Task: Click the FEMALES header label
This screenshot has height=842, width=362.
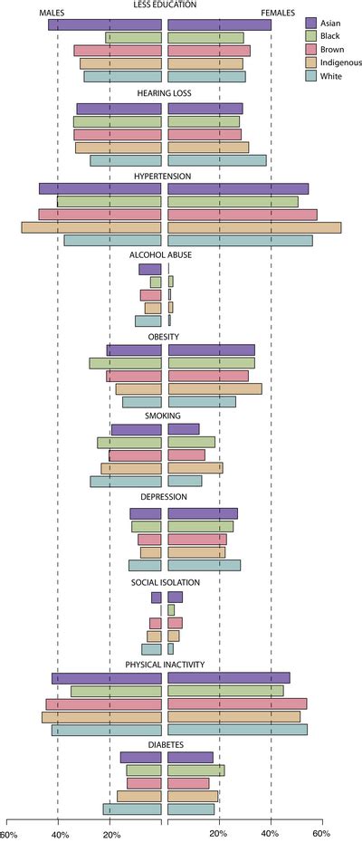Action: [x=277, y=13]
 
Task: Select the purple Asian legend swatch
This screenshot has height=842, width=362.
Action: [x=311, y=23]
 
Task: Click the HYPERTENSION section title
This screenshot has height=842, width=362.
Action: [x=162, y=176]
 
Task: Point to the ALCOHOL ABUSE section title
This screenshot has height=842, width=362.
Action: [x=162, y=255]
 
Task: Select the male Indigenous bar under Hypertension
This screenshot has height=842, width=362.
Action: [x=91, y=227]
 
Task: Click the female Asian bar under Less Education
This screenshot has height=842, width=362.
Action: [x=220, y=24]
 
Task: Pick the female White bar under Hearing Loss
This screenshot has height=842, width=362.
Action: [x=217, y=160]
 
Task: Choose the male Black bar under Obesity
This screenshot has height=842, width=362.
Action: [x=125, y=363]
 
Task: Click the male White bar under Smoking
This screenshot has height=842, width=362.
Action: [x=126, y=482]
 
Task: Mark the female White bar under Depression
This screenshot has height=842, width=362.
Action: [x=205, y=565]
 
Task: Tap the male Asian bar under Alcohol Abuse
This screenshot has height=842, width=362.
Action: [x=150, y=269]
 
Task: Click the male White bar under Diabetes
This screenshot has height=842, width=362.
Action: [x=132, y=809]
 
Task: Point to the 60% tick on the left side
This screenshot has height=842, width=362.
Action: [x=7, y=834]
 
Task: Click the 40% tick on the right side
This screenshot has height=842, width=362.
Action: [x=271, y=834]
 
